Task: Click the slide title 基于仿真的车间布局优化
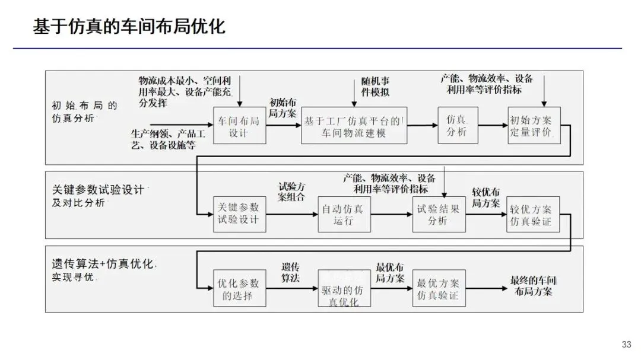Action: tap(128, 27)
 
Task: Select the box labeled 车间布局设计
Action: tap(239, 126)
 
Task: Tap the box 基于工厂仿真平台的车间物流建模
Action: tap(354, 126)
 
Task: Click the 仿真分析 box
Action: tap(458, 125)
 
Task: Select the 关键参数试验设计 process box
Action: tap(239, 214)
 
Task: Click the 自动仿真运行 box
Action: tap(344, 214)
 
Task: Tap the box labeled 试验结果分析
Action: tap(439, 214)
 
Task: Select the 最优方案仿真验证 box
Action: tap(439, 289)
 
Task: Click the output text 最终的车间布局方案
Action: tap(534, 286)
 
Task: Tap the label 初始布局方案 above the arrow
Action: tap(283, 107)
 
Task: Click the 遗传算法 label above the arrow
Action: tap(290, 272)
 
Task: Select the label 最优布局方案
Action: tap(391, 272)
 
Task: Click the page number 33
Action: tap(627, 345)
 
